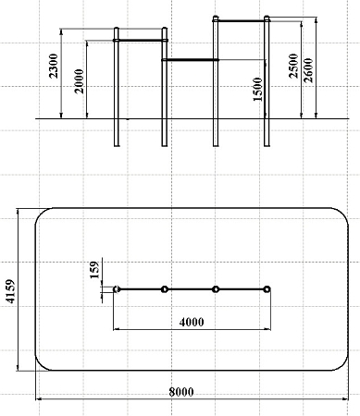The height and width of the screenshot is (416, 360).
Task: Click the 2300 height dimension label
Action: coord(54,66)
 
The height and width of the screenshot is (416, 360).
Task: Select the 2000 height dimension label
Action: coord(80,81)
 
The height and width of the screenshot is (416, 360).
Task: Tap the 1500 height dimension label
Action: coord(257,89)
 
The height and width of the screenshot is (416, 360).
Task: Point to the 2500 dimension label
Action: coord(293,66)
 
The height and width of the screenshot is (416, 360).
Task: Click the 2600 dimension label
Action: coord(308,70)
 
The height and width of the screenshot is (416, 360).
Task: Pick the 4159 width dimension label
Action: coord(10,291)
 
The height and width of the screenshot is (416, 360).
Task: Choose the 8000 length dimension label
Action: coord(181,392)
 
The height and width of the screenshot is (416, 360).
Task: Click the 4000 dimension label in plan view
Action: coord(192,322)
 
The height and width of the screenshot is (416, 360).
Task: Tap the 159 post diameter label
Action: coord(94,270)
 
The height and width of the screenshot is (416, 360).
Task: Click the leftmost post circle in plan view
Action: coord(117,289)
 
